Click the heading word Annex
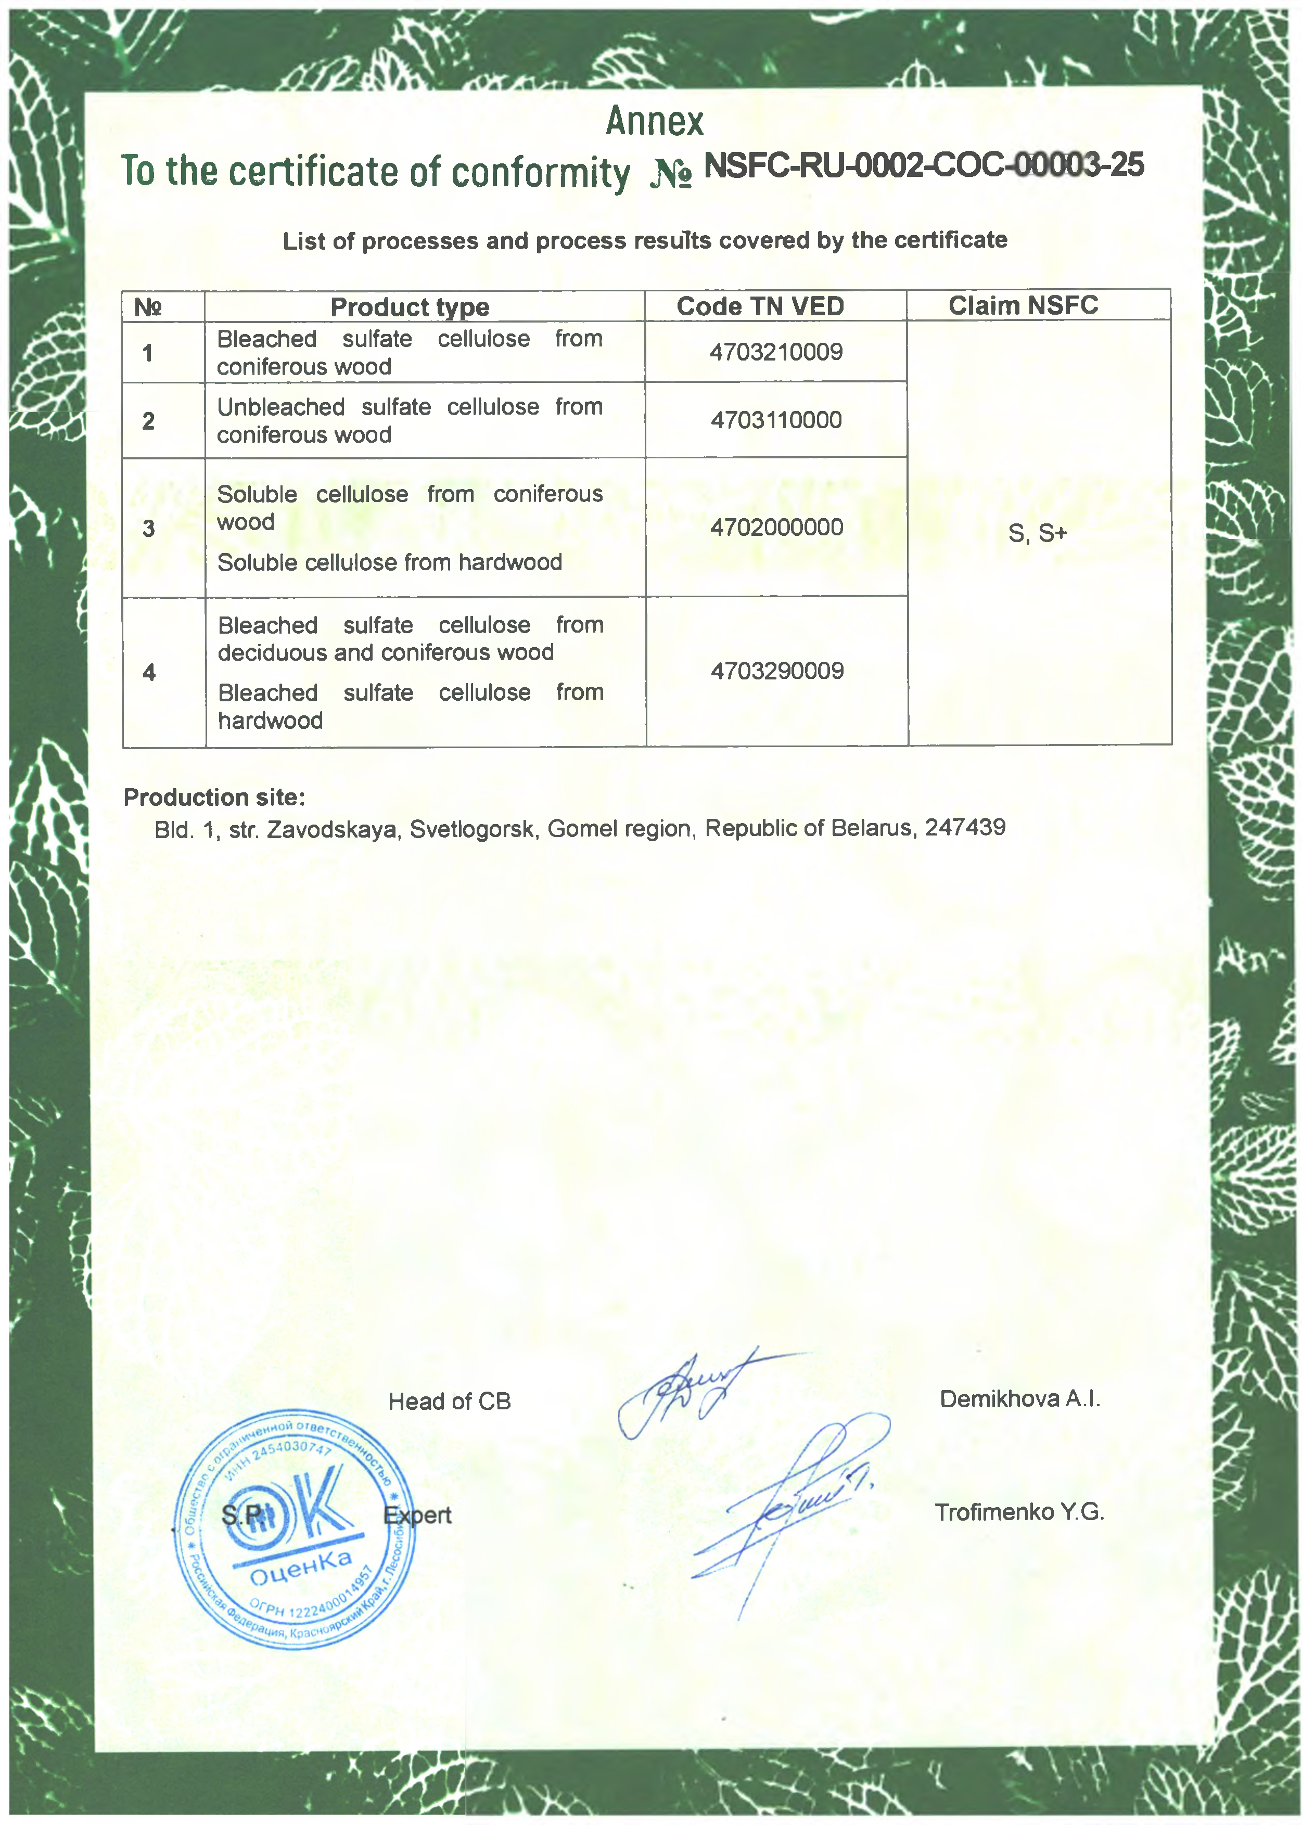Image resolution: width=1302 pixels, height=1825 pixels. coord(654,122)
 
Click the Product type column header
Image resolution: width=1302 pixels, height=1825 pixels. coord(410,307)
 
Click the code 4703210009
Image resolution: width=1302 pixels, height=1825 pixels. coord(776,352)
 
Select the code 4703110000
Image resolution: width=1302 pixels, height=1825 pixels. coord(776,420)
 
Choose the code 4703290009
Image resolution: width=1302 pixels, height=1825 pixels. coord(777,671)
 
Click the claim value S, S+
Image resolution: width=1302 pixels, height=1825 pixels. coord(1038,533)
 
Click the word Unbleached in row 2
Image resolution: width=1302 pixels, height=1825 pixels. coord(280,407)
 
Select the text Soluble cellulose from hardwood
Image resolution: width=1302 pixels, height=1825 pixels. coord(390,563)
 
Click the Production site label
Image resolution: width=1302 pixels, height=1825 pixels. coord(214,798)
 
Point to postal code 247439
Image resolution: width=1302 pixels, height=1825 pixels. coord(965,827)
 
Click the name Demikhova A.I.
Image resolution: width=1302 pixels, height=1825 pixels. coord(1020,1398)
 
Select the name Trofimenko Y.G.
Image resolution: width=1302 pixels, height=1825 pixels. coord(1019,1512)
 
